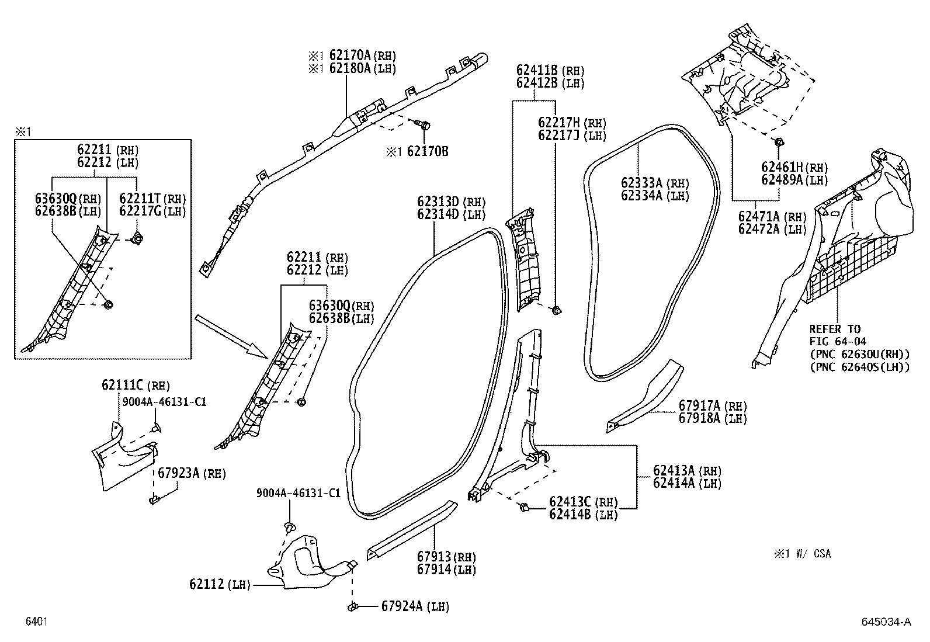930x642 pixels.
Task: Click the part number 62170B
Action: coord(427,152)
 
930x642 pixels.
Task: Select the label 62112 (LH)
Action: coord(219,584)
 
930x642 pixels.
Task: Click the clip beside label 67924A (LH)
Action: coord(353,607)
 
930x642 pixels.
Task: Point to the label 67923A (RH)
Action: coord(192,473)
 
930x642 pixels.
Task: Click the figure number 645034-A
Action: coord(886,622)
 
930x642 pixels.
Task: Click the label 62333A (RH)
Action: coord(655,183)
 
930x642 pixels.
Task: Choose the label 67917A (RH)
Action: coord(712,406)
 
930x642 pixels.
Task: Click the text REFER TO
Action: coord(835,329)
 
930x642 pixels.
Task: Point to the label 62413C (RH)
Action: coord(583,502)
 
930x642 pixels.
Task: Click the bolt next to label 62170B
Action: coord(425,125)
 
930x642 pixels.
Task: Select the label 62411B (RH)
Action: coord(550,70)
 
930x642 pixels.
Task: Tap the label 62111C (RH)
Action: coord(136,385)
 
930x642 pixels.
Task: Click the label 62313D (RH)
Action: coord(451,202)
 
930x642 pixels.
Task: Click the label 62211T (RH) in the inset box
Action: coord(152,199)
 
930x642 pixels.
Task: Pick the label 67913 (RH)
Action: coord(446,557)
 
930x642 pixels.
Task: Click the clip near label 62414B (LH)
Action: coord(524,507)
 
